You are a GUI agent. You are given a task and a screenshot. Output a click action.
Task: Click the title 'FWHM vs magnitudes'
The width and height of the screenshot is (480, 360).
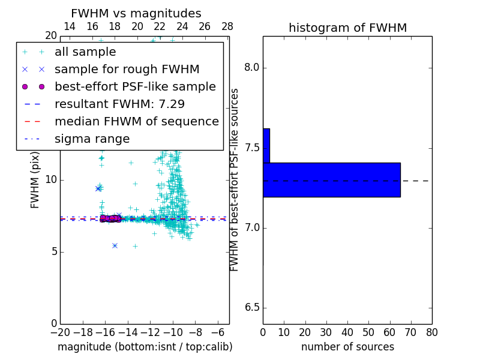point(136,14)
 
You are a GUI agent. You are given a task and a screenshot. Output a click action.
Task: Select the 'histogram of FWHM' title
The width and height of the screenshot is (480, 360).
point(347,28)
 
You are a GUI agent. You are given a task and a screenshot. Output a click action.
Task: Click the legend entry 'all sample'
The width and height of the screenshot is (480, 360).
point(85,52)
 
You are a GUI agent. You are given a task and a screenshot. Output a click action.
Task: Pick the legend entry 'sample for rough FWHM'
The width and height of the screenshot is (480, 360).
point(127,70)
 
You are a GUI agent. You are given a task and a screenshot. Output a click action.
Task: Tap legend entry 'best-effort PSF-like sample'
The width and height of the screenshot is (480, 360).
point(135,87)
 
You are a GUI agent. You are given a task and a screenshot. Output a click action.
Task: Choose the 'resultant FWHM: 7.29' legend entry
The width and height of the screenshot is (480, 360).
point(119,104)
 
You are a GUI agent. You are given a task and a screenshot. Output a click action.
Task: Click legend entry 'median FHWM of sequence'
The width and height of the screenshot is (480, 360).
point(136,122)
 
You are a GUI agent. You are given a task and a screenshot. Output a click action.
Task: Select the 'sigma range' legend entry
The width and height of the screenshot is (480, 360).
point(92,139)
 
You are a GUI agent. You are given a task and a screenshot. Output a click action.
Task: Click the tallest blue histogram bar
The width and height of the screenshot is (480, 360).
point(331,179)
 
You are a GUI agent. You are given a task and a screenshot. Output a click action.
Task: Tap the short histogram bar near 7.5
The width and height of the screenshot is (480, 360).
point(266,145)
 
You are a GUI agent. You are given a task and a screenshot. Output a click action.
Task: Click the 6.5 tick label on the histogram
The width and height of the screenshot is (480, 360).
point(251,308)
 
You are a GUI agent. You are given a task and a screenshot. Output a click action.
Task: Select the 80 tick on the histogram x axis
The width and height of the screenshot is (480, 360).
point(431,332)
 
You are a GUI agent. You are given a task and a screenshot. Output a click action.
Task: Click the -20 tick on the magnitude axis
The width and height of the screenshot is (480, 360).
point(60,332)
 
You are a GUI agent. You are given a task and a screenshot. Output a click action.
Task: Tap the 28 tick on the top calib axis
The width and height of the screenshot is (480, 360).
point(227,26)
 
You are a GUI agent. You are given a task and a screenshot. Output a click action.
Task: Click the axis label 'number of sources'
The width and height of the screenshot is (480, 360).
point(347,347)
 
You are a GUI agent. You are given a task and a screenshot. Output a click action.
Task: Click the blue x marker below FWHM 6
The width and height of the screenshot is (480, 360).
point(115,245)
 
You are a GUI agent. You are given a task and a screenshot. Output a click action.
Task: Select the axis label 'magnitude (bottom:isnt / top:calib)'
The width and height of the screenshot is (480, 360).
point(145,347)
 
